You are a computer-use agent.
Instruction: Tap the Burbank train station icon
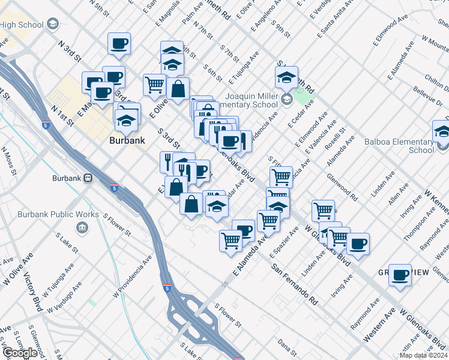(88, 178)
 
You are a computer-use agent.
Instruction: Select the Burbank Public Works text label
(82, 214)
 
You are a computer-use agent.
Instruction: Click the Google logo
(20, 352)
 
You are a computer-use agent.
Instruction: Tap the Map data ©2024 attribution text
(423, 355)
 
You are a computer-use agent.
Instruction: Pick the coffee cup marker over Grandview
(400, 275)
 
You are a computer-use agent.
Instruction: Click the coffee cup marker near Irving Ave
(358, 244)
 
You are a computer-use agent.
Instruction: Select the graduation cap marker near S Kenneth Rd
(287, 77)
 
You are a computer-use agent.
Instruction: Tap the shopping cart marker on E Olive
(155, 85)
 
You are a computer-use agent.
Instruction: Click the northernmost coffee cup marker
(118, 43)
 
